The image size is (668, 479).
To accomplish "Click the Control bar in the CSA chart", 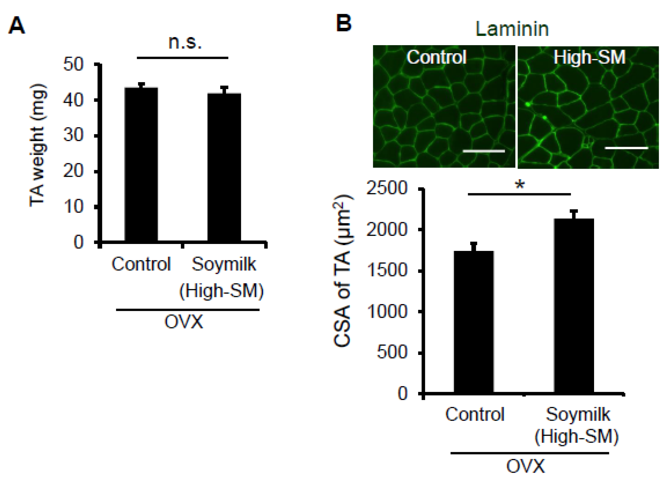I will coord(473,321).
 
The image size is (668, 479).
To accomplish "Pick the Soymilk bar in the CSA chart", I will coord(574,305).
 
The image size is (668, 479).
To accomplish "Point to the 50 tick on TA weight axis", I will coord(73,64).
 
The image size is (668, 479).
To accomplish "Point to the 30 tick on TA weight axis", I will coord(73,135).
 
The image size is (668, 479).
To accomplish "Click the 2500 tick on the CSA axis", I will coord(387,188).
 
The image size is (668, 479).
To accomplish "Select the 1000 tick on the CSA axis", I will coord(387,312).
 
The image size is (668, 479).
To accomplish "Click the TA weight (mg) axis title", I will coord(38,145).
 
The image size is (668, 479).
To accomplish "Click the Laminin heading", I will coord(512,29).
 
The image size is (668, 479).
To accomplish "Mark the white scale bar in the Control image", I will coord(484,151).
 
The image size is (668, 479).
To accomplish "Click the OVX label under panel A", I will coord(184,322).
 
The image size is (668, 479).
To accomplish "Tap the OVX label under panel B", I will coord(526,466).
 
